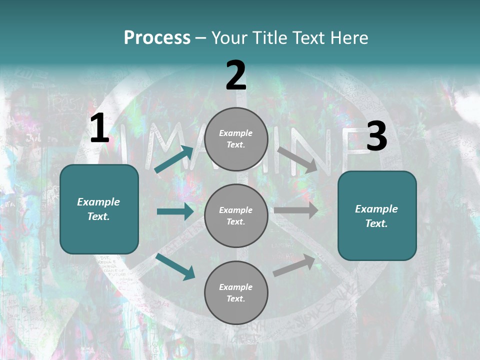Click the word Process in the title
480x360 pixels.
[x=157, y=38]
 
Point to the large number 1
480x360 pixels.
[x=99, y=129]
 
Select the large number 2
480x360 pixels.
[x=236, y=75]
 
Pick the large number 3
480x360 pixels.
[x=376, y=136]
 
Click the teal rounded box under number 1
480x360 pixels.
[x=99, y=209]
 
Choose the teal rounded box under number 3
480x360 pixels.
[x=377, y=216]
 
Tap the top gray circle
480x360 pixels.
[x=236, y=139]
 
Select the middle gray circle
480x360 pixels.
[x=236, y=216]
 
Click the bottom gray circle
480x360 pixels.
[x=236, y=293]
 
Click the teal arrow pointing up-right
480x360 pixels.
[x=174, y=159]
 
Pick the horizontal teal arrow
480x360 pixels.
[x=175, y=211]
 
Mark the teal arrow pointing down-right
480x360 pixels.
[x=175, y=266]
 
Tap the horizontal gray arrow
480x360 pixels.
[x=296, y=210]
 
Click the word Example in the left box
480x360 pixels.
[x=98, y=202]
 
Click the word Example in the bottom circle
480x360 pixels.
[x=236, y=287]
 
